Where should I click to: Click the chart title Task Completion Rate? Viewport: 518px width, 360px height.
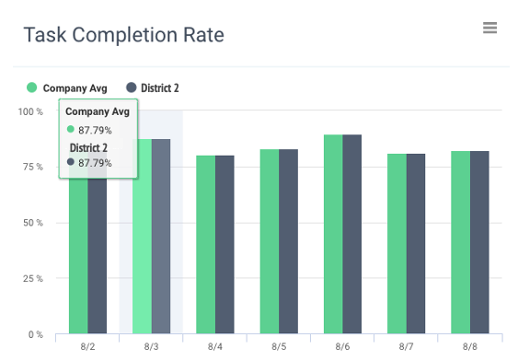click(x=123, y=35)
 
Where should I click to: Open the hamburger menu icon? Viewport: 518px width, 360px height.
click(x=489, y=28)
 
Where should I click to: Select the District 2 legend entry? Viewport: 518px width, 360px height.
click(x=153, y=87)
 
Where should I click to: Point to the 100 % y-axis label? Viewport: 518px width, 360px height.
click(x=29, y=111)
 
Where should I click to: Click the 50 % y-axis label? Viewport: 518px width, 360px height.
click(x=32, y=223)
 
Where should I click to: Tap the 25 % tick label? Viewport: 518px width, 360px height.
click(x=32, y=278)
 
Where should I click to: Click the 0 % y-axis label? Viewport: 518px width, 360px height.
click(x=35, y=334)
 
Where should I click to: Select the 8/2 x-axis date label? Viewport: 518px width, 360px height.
click(x=88, y=346)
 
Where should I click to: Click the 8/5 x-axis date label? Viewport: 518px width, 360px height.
click(x=279, y=346)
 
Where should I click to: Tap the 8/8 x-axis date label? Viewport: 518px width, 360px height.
click(x=470, y=346)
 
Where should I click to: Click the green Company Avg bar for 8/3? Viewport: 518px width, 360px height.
click(x=142, y=239)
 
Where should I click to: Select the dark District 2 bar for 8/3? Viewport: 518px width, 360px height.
click(x=161, y=239)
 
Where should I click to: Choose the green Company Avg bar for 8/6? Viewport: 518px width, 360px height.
click(x=332, y=235)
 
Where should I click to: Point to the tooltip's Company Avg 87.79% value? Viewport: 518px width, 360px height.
click(x=95, y=129)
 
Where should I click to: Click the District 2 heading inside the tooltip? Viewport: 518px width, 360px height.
click(x=89, y=147)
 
